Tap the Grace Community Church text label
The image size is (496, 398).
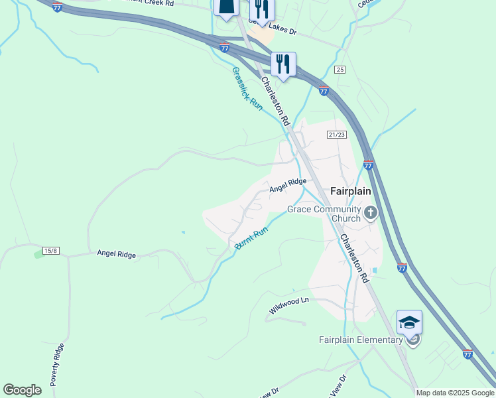[x=324, y=214]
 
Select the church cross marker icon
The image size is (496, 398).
[x=370, y=213]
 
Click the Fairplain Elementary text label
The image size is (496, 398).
[x=361, y=340]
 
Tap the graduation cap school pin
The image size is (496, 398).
[x=409, y=322]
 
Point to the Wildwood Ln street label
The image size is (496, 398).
[x=289, y=306]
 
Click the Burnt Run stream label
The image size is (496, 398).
[x=251, y=238]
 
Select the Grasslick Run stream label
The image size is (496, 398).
[x=247, y=88]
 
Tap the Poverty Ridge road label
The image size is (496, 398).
[x=58, y=365]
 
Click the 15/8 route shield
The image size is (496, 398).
[x=51, y=250]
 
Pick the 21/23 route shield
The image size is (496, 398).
[x=337, y=135]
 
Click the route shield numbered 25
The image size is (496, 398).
[x=340, y=70]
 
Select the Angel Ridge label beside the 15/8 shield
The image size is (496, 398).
[x=116, y=253]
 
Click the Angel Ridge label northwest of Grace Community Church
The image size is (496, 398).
[x=287, y=185]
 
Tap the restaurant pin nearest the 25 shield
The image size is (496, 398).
[x=283, y=64]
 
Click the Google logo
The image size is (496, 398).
[x=23, y=390]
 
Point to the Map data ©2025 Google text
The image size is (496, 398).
[x=455, y=393]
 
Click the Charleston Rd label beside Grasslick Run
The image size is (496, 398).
[x=275, y=101]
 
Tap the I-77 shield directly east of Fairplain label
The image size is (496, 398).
[x=368, y=165]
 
